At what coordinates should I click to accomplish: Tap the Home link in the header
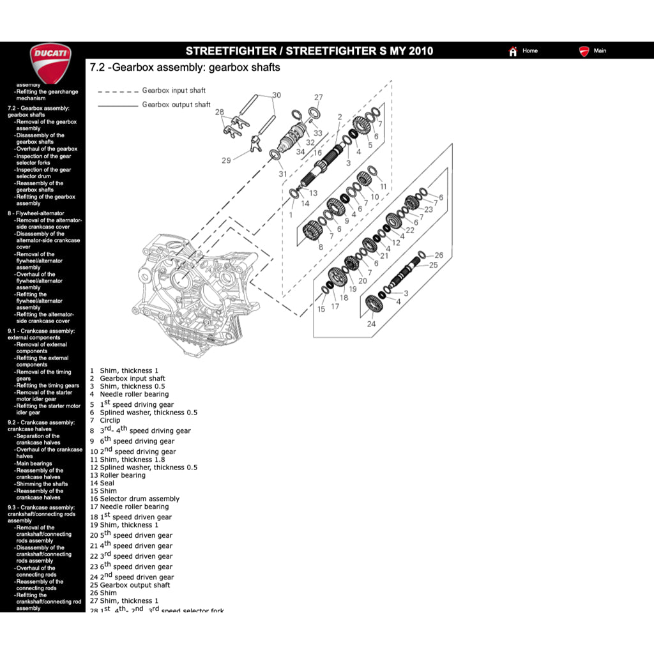pyautogui.click(x=529, y=51)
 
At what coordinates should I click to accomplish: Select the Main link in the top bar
pyautogui.click(x=599, y=51)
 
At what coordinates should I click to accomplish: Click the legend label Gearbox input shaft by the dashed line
pyautogui.click(x=174, y=91)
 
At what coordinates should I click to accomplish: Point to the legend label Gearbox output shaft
pyautogui.click(x=176, y=105)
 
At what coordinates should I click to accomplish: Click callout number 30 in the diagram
pyautogui.click(x=276, y=95)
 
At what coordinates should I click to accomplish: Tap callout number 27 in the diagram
pyautogui.click(x=318, y=98)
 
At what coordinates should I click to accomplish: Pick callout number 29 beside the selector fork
pyautogui.click(x=226, y=160)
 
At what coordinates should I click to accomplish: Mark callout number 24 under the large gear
pyautogui.click(x=371, y=324)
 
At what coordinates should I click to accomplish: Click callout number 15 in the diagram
pyautogui.click(x=321, y=309)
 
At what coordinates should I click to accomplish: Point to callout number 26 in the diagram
pyautogui.click(x=438, y=255)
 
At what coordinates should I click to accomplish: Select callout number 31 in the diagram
pyautogui.click(x=282, y=174)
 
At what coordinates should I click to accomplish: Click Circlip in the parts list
pyautogui.click(x=110, y=421)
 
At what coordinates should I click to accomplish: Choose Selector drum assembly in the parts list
pyautogui.click(x=139, y=499)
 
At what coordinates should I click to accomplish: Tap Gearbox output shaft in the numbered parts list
pyautogui.click(x=135, y=585)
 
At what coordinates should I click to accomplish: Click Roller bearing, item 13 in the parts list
pyautogui.click(x=122, y=475)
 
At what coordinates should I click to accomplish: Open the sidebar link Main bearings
pyautogui.click(x=34, y=464)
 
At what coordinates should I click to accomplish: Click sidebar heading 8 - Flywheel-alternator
pyautogui.click(x=36, y=213)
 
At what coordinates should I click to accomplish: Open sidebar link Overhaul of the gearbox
pyautogui.click(x=46, y=149)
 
